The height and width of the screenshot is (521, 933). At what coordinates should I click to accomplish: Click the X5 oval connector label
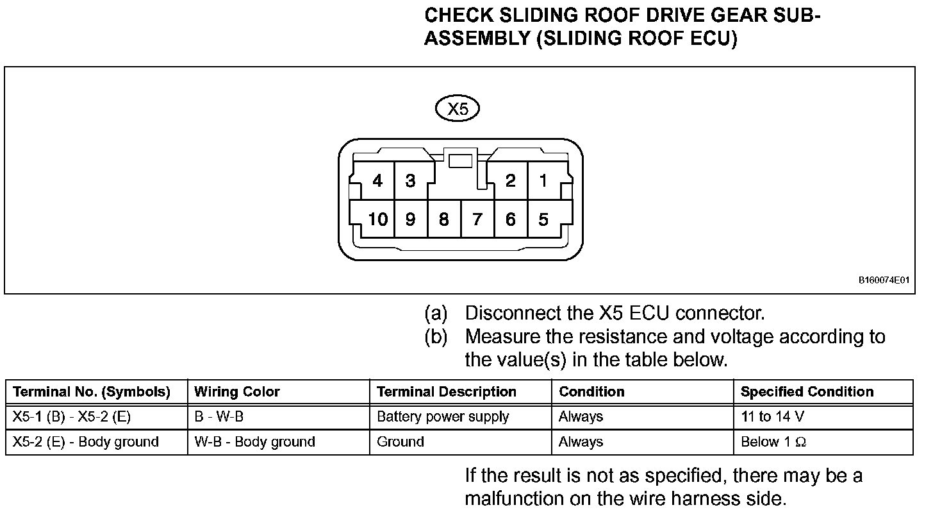point(457,109)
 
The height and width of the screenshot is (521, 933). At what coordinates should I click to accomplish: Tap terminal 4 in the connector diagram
point(377,182)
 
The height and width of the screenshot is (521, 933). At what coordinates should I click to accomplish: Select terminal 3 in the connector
point(410,182)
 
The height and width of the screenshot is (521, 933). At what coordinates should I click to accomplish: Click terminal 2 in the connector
point(510,182)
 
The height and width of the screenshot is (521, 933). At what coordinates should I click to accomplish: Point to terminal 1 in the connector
point(543,182)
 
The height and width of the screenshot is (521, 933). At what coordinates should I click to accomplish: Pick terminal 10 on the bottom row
point(377,220)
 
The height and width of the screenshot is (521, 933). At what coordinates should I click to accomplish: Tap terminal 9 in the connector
point(410,220)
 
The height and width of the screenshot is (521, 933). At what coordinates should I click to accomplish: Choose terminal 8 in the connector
point(443,220)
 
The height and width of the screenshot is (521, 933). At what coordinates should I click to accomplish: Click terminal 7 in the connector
point(477,220)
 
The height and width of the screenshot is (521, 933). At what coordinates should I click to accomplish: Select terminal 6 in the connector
point(510,220)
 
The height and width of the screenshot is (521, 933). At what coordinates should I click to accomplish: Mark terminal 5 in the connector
point(543,220)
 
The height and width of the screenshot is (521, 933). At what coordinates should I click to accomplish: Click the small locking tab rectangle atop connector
point(460,160)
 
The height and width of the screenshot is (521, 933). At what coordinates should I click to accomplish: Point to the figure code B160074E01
point(884,280)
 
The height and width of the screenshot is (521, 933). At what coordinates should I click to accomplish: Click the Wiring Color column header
point(237,391)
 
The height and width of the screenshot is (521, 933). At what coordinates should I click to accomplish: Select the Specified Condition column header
point(807,391)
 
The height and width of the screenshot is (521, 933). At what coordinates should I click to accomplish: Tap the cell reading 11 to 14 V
point(772,417)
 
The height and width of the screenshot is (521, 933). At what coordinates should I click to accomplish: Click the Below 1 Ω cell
point(773,442)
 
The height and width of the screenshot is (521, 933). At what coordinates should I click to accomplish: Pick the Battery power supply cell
point(443,417)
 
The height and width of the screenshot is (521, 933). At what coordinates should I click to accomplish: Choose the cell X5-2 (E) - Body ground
point(85,442)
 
